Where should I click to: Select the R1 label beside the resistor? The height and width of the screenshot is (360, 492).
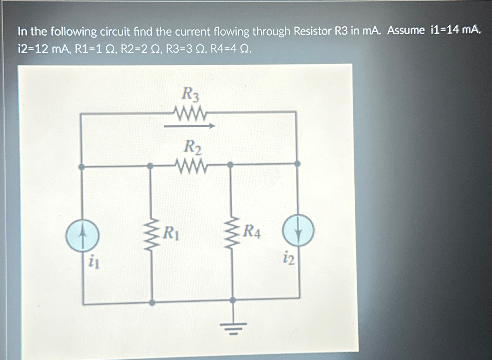click(x=171, y=234)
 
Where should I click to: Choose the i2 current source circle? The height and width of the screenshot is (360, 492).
click(x=298, y=231)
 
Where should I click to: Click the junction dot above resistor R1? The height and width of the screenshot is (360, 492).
click(x=151, y=166)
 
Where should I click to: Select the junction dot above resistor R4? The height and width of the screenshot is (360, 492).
click(x=231, y=164)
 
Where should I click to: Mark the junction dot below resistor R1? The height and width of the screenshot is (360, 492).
click(x=152, y=303)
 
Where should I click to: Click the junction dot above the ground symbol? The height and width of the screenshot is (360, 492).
click(x=233, y=300)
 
